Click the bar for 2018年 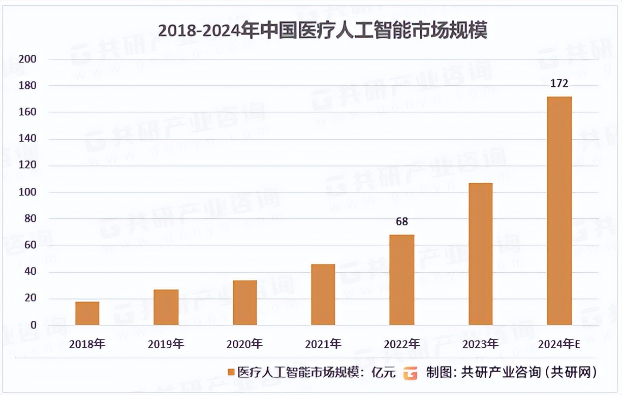(x=87, y=313)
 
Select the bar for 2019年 (x=166, y=307)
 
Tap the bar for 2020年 (x=245, y=303)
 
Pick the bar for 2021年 (x=323, y=294)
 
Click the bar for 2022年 (x=402, y=280)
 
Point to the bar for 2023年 (x=480, y=254)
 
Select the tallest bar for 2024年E (x=559, y=211)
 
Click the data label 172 (x=559, y=84)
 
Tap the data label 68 (x=402, y=222)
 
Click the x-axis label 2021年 (x=323, y=344)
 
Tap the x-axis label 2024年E (x=559, y=344)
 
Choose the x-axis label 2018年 (x=87, y=344)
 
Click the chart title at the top (x=323, y=30)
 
